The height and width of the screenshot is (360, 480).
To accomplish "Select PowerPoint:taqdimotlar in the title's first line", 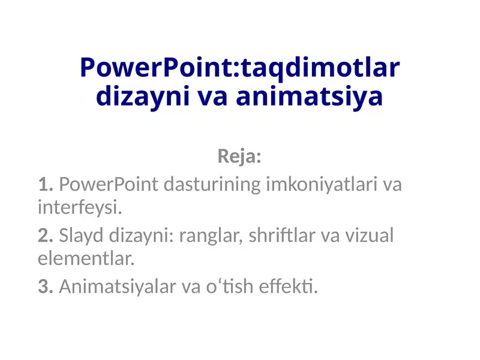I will click(239, 67).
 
